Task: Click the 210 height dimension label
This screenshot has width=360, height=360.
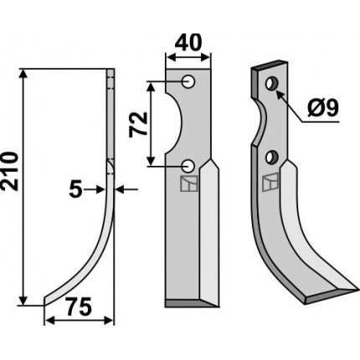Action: pyautogui.click(x=10, y=172)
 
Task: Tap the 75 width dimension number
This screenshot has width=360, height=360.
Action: pyautogui.click(x=78, y=307)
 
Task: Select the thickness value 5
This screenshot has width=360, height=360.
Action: pyautogui.click(x=75, y=190)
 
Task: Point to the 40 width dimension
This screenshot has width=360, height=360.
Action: pyautogui.click(x=188, y=43)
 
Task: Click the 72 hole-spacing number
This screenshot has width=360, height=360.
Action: pyautogui.click(x=138, y=124)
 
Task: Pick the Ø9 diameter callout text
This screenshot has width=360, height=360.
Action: pyautogui.click(x=322, y=108)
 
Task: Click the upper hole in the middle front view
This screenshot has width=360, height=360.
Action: pyautogui.click(x=188, y=82)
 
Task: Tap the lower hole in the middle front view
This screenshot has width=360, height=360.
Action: pyautogui.click(x=188, y=166)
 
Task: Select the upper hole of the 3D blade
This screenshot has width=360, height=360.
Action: pyautogui.click(x=271, y=83)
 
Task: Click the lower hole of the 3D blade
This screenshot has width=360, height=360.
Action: pyautogui.click(x=271, y=157)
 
